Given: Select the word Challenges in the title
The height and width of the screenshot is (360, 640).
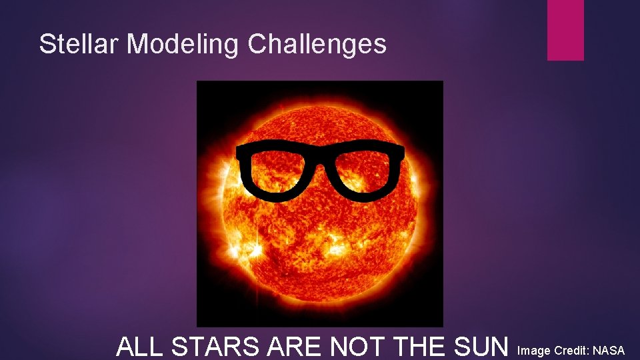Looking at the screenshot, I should click(x=317, y=44).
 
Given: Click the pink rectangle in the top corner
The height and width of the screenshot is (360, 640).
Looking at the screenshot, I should click(x=565, y=30).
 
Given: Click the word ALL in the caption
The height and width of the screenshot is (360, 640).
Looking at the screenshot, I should click(x=140, y=347).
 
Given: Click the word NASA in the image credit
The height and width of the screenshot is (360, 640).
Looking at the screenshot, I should click(x=608, y=350).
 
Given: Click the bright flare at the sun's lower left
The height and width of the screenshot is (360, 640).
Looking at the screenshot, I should click(x=250, y=250).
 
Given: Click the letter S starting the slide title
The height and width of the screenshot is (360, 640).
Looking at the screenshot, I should click(x=46, y=44).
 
